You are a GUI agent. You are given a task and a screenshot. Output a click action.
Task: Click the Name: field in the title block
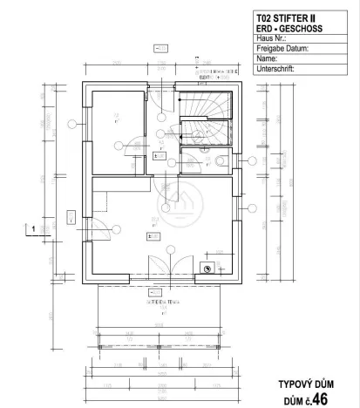point(268,58)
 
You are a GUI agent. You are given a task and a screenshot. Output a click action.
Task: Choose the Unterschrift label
point(277,69)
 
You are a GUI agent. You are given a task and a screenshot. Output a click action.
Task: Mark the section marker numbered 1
point(33,229)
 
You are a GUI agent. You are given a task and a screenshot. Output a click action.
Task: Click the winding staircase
point(206,117)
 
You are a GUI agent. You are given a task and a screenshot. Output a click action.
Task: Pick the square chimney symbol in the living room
point(207,269)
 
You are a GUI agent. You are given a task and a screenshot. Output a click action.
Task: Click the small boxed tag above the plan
point(161,51)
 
